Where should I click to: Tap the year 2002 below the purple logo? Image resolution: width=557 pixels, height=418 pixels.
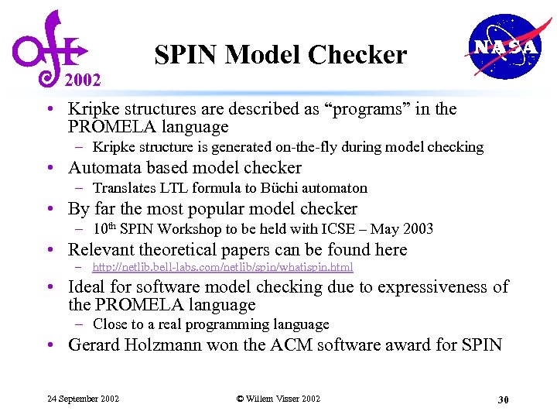(83, 80)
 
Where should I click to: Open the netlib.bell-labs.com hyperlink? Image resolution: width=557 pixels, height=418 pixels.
(223, 267)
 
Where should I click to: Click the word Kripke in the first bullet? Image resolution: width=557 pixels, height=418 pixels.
(94, 109)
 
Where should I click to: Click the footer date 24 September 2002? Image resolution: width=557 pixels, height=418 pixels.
(83, 399)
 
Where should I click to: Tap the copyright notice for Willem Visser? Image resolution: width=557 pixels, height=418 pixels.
(278, 399)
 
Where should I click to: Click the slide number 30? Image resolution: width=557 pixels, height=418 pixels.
(503, 399)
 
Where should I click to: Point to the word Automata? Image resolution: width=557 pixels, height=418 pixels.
(105, 168)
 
